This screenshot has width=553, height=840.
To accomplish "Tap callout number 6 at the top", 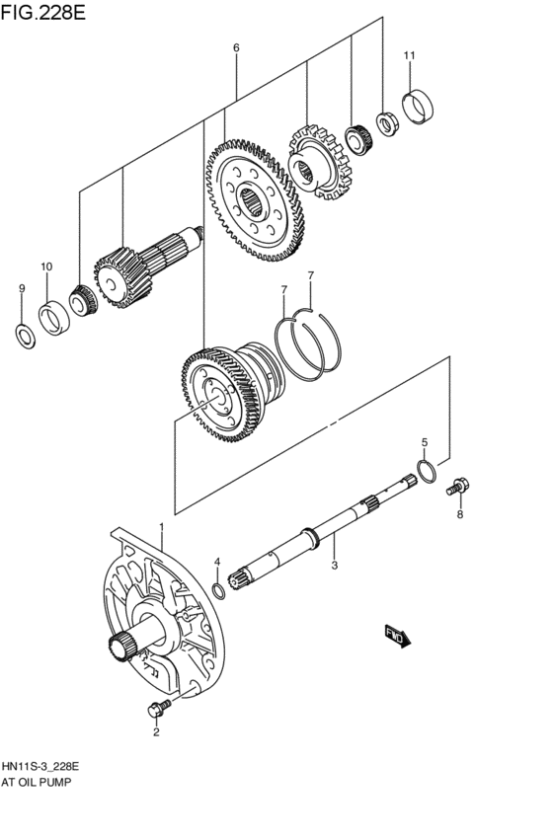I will coord(236,47).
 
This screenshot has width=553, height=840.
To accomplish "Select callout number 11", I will coord(410,54).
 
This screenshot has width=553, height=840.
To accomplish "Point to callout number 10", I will coord(46,267).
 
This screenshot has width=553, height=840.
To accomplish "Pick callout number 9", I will coord(21,288).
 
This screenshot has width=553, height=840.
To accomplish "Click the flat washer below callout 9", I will coord(23,333).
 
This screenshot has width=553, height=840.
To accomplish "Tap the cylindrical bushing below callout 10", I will coord(52,318).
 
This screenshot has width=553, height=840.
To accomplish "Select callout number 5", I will coord(425,442).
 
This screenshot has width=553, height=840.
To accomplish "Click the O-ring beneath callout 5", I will coord(425,472).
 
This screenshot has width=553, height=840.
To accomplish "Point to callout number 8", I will coord(458,513).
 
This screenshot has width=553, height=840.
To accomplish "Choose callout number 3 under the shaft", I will coord(335,565).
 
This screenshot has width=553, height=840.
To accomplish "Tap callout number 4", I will coord(217,562).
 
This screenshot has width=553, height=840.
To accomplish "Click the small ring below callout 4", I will coord(219,590).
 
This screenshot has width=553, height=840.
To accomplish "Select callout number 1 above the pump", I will coord(162,530).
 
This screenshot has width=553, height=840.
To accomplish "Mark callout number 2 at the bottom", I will coord(155,731).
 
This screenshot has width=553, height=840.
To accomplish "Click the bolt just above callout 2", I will coord(156,707).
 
